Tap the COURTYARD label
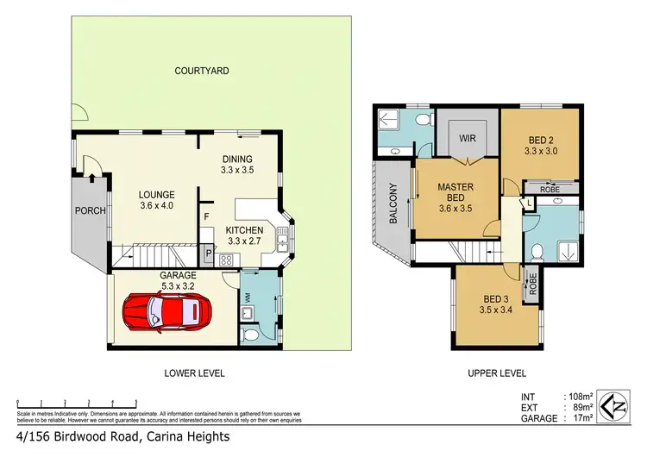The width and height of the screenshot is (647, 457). pyautogui.click(x=201, y=71)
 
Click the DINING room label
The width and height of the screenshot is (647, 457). pyautogui.click(x=236, y=159)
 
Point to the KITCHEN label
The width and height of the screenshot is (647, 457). pyautogui.click(x=244, y=230)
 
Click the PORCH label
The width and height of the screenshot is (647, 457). pyautogui.click(x=91, y=210)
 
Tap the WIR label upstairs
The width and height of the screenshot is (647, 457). pyautogui.click(x=468, y=138)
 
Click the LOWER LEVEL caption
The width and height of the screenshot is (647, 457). pyautogui.click(x=194, y=373)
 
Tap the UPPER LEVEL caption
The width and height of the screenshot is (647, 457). pyautogui.click(x=496, y=373)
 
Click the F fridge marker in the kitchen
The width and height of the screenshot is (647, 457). pyautogui.click(x=207, y=216)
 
